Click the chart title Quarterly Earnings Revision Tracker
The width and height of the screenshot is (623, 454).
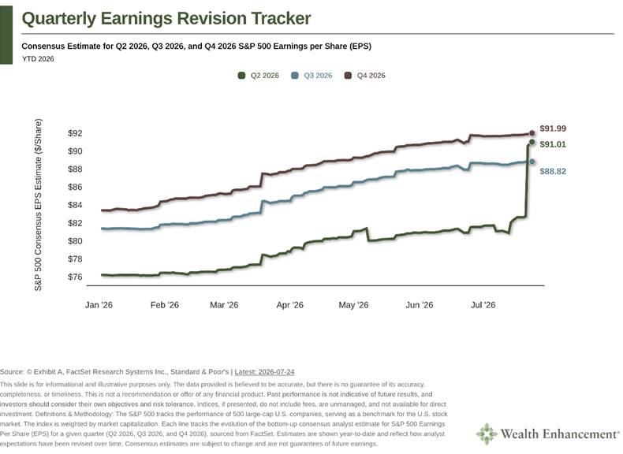tap(166, 18)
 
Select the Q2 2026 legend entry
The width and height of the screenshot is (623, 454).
tap(258, 76)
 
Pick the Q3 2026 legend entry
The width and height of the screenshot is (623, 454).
tap(311, 76)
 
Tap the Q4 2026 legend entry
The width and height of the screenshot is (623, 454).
tap(365, 76)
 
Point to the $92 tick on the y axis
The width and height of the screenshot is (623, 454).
tap(75, 133)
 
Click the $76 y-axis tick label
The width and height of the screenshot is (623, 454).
tap(75, 277)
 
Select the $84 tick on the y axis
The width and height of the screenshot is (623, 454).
tap(75, 205)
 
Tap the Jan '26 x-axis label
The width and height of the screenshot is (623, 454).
tap(99, 305)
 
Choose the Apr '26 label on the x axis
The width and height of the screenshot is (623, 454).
tap(289, 305)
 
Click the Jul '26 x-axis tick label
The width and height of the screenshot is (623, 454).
tap(483, 305)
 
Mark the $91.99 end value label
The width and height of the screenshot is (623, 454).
tap(553, 128)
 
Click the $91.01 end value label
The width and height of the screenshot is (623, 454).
tap(553, 144)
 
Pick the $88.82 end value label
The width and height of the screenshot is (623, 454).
tap(553, 172)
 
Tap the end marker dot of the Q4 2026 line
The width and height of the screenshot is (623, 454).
tap(532, 133)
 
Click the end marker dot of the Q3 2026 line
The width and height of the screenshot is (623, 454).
tap(532, 162)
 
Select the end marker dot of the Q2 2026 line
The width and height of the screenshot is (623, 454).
tap(532, 142)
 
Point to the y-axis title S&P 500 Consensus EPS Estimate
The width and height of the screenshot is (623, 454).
tap(38, 205)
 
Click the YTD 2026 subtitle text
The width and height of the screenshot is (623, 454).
tap(38, 59)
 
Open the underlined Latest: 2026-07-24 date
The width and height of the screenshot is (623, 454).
tap(265, 372)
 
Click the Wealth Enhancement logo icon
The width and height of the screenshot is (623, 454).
tap(487, 434)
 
